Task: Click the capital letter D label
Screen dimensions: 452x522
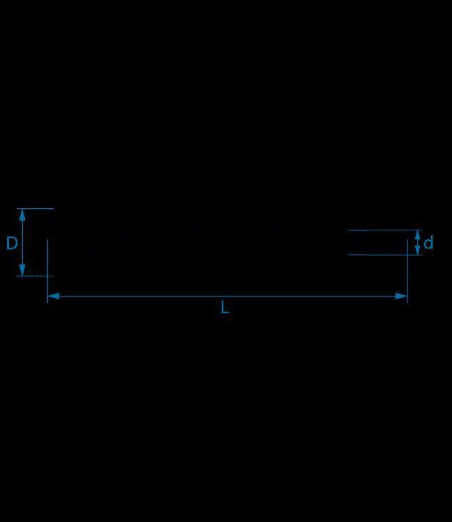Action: pos(12,243)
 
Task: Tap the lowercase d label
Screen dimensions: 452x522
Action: pos(428,242)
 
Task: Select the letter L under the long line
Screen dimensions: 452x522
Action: pos(225,307)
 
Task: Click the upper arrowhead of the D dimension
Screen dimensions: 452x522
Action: pos(22,215)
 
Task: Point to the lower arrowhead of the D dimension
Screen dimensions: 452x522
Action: pos(22,270)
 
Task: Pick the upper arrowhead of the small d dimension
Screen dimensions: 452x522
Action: pos(417,235)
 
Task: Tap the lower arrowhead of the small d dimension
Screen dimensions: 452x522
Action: pos(417,251)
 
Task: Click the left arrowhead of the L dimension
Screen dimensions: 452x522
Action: pos(54,296)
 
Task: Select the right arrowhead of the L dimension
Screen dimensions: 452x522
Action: pos(401,296)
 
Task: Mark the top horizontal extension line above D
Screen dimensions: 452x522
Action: pos(35,209)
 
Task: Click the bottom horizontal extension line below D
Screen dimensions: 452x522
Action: pos(35,276)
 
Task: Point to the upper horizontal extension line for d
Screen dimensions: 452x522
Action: pos(385,230)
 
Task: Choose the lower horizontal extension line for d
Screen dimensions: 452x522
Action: pos(385,255)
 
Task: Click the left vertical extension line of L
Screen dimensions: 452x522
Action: pos(47,271)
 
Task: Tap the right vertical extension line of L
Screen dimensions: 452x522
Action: pos(407,271)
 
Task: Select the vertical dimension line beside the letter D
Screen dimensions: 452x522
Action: pos(22,242)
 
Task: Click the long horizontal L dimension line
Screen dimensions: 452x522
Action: pos(227,296)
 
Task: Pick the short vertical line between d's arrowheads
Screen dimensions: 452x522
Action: pos(417,243)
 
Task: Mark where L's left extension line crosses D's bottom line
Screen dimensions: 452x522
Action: pos(47,276)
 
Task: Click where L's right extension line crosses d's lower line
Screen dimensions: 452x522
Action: pos(407,255)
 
